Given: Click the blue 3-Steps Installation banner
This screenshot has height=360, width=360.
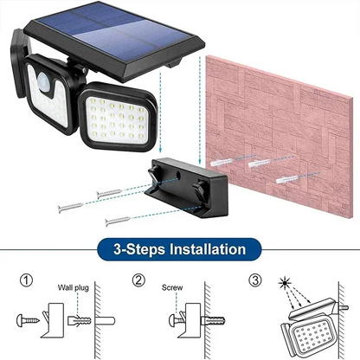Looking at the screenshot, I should click(x=179, y=250).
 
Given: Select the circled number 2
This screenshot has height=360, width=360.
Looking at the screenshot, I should click(x=138, y=281).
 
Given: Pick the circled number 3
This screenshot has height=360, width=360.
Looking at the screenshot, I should click(x=255, y=281).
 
